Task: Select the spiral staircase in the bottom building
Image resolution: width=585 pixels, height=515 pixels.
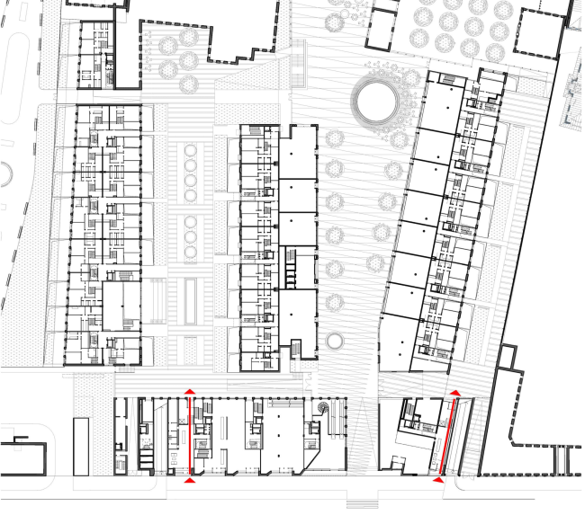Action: click(322, 409)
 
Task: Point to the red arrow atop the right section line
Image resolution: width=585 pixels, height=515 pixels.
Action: click(455, 393)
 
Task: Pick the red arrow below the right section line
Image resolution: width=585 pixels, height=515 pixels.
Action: click(438, 481)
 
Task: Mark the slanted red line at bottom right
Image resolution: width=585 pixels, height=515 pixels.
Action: click(446, 437)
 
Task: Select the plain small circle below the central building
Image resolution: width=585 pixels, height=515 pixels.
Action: click(336, 341)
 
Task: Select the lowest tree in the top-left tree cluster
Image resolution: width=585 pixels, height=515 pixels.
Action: click(188, 84)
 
